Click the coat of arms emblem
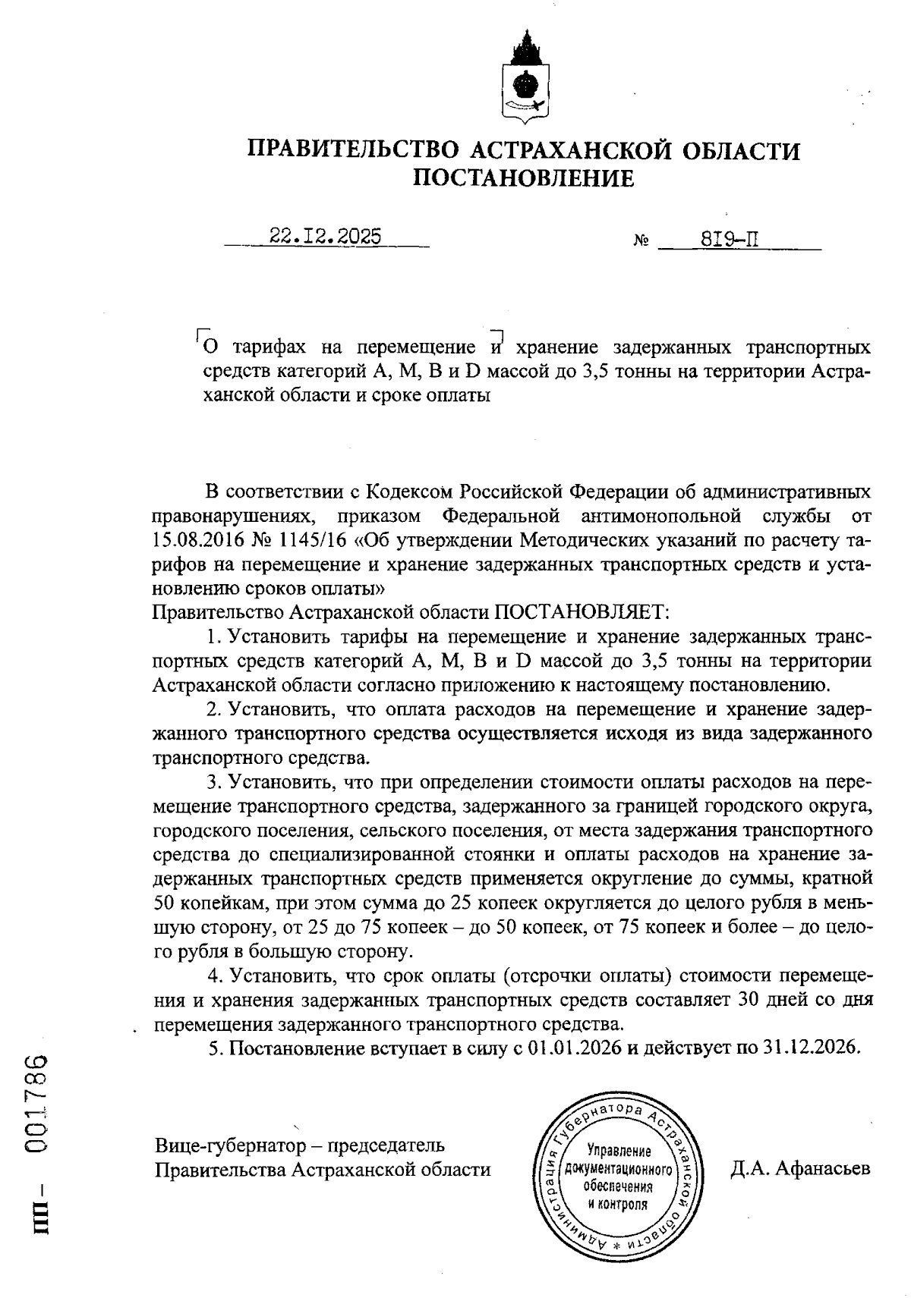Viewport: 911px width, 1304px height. (x=524, y=79)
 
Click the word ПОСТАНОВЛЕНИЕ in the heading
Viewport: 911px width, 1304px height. (x=523, y=178)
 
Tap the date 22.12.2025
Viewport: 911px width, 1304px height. (x=326, y=237)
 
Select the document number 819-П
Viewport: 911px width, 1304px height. (x=730, y=240)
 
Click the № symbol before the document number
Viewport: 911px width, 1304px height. (x=640, y=243)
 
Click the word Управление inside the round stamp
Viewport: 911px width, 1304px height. (x=618, y=1152)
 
